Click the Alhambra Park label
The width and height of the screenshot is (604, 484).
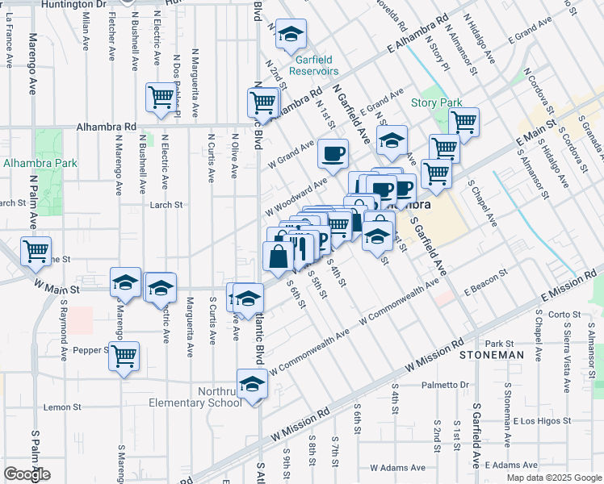(40, 163)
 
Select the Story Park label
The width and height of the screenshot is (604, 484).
(436, 102)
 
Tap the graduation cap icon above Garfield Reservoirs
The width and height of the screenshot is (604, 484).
(291, 34)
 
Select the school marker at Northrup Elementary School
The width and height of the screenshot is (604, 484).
(252, 384)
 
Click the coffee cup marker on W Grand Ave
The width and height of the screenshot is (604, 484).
(333, 153)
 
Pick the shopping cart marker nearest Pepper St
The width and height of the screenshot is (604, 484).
(124, 356)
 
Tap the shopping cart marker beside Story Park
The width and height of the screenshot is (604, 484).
(463, 123)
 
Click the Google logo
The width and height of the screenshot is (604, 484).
(27, 474)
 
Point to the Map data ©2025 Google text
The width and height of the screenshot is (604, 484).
(554, 478)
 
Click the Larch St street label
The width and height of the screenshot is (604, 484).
(166, 206)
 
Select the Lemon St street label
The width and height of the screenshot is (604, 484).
(58, 407)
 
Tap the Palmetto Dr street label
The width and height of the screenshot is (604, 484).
(448, 385)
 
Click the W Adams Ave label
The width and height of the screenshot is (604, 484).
(396, 467)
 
